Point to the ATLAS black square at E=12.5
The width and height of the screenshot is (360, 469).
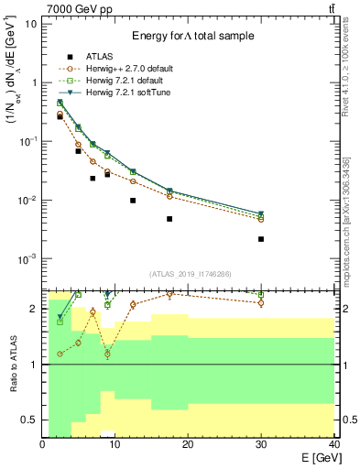click(x=133, y=201)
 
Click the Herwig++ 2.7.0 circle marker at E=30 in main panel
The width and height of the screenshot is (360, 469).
click(x=261, y=220)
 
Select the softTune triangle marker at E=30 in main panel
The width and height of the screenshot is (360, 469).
click(x=261, y=213)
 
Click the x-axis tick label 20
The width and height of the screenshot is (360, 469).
click(x=188, y=444)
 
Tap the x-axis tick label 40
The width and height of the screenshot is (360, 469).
click(x=333, y=444)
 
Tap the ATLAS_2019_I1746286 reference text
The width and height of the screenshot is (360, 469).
click(x=190, y=274)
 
